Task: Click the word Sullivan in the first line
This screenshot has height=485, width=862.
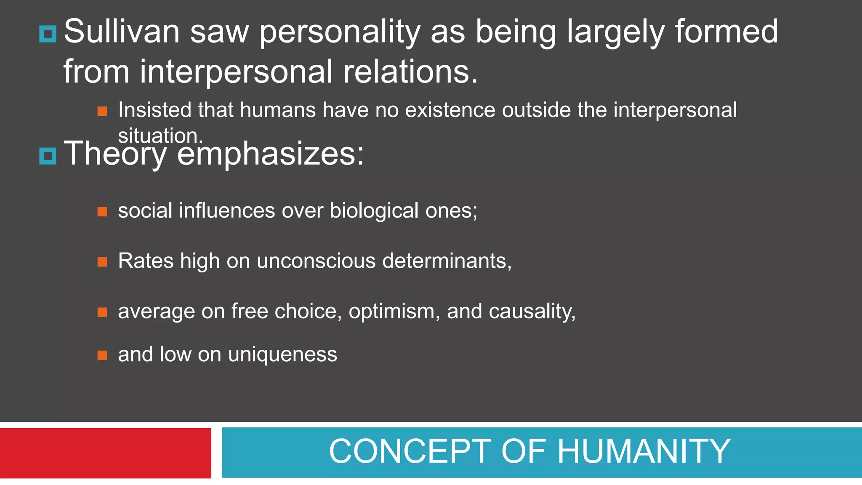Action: click(x=122, y=32)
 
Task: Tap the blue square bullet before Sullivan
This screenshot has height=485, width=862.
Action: click(x=48, y=34)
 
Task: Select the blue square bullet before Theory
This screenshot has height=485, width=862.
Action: click(x=48, y=156)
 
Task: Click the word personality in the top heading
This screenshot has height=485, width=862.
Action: click(x=340, y=32)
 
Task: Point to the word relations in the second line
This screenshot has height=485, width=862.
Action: click(x=410, y=72)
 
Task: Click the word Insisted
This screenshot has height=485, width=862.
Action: click(x=154, y=110)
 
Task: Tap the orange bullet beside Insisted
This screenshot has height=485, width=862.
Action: click(x=102, y=111)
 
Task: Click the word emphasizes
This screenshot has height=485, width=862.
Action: click(x=270, y=154)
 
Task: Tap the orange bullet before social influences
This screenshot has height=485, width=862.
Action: click(x=102, y=211)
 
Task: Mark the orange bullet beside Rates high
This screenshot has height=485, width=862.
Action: click(x=102, y=262)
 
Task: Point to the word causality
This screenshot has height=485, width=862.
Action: click(x=532, y=312)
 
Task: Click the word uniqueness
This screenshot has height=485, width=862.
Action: click(x=282, y=354)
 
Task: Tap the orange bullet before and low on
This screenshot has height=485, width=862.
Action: click(x=102, y=356)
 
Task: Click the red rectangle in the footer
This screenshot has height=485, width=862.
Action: click(x=105, y=453)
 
